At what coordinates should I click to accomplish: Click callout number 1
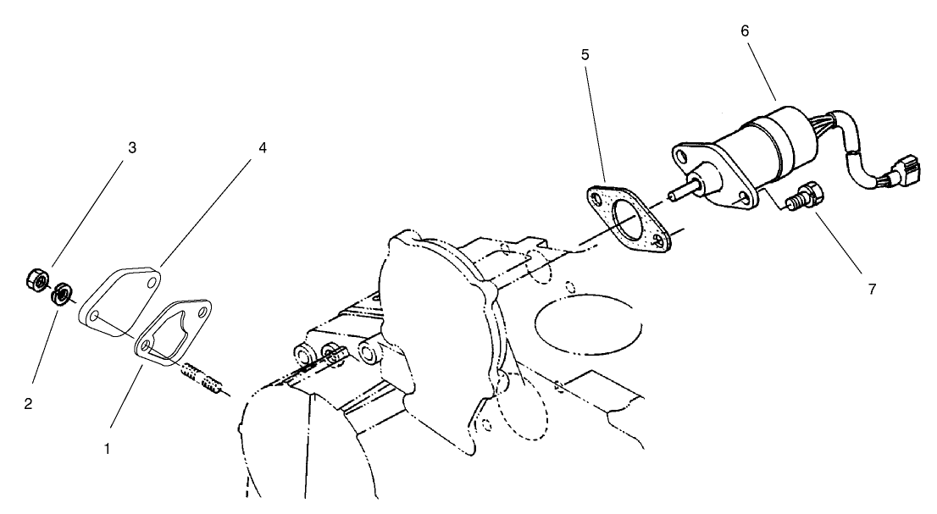click(107, 449)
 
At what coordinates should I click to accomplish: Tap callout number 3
click(131, 147)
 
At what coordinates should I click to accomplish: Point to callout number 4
click(263, 147)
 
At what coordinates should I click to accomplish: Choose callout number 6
click(744, 30)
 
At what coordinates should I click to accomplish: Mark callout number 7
click(872, 289)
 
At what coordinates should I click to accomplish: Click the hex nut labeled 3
click(36, 278)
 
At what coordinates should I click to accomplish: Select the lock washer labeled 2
click(60, 296)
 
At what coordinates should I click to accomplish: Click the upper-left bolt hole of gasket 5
click(601, 199)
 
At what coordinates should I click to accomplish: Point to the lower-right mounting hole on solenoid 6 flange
click(743, 196)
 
